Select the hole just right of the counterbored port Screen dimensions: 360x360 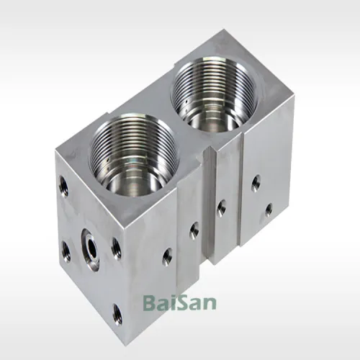point(116,248)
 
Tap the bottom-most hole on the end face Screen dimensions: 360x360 point(117,314)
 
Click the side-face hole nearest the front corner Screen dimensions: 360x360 point(167,256)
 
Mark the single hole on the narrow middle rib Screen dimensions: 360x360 point(221,207)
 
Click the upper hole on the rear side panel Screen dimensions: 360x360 point(256,183)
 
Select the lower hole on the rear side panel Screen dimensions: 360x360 point(268,210)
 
